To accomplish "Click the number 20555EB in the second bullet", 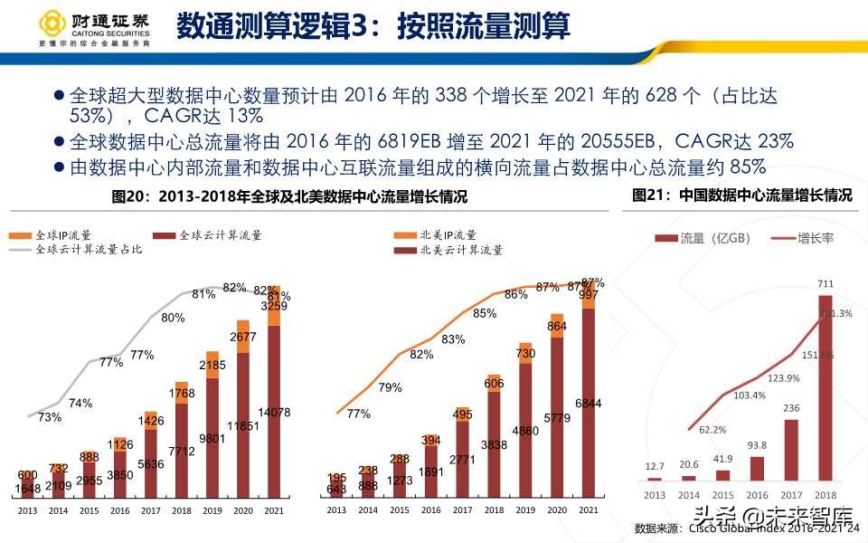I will point(623,141).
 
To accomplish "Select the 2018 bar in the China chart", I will point(824,389).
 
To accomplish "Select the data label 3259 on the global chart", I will point(272,306).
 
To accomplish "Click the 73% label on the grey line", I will point(50,417).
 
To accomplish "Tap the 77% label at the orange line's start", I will point(358,414).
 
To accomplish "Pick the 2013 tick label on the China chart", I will point(655,495).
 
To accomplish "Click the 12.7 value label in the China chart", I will point(655,467).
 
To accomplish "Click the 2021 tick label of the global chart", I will point(272,511).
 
